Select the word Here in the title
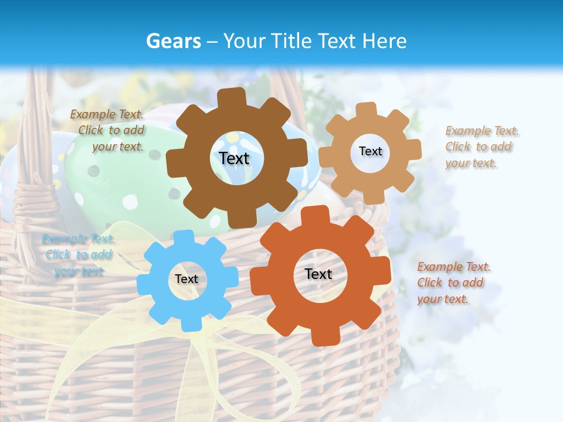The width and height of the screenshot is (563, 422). coord(383,41)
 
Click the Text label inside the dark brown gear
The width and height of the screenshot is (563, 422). coord(235,158)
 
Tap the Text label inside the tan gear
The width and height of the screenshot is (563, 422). coord(370,151)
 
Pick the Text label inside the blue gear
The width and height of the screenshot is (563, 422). coord(186,279)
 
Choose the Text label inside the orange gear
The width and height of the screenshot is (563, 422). coord(318,274)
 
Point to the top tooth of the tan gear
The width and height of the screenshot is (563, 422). coord(367,110)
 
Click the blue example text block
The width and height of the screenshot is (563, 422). coord(78,255)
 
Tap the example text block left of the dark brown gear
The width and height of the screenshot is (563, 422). coord(108,131)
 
